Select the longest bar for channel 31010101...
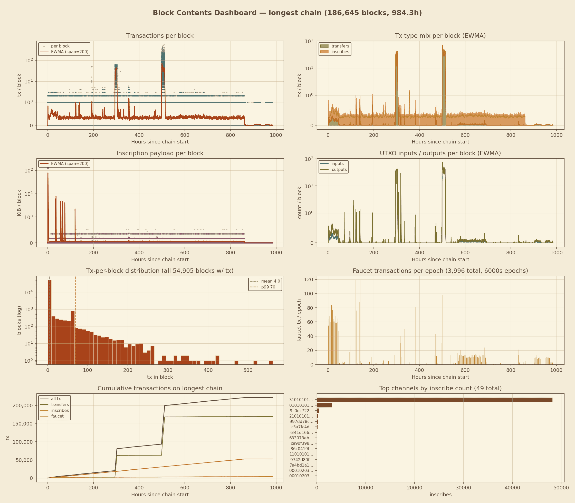[x=434, y=400]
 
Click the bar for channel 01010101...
[x=324, y=405]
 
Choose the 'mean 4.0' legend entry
[x=270, y=281]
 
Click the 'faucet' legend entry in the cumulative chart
[x=57, y=416]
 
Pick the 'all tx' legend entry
[x=56, y=399]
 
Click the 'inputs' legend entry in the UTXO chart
[x=338, y=164]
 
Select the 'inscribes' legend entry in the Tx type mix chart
[x=340, y=52]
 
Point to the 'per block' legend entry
[x=60, y=46]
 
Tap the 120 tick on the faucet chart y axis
[x=310, y=279]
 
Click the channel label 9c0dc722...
[x=301, y=411]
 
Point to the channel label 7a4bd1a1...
[x=301, y=465]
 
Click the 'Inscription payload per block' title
[x=160, y=153]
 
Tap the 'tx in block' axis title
[x=160, y=377]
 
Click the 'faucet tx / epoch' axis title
[x=299, y=320]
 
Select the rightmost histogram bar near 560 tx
[x=271, y=362]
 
